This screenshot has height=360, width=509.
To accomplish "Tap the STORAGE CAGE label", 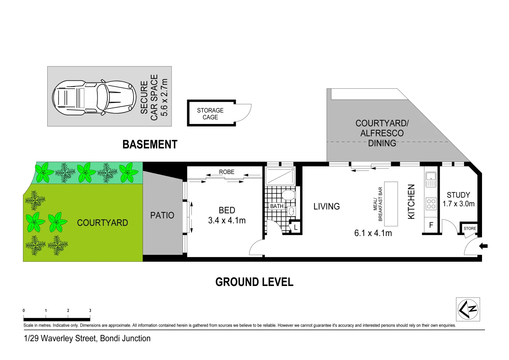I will [x=210, y=114].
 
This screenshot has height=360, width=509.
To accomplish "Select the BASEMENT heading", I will [x=150, y=144].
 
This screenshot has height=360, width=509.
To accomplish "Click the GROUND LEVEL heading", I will [x=254, y=282].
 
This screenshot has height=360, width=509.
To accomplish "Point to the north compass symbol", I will [x=468, y=309].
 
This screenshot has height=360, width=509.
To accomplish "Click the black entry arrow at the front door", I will [x=483, y=246].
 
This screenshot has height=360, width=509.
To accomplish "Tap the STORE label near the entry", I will [x=470, y=228].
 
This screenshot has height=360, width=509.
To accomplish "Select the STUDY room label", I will [x=458, y=195].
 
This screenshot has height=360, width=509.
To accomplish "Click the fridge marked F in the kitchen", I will [x=431, y=225].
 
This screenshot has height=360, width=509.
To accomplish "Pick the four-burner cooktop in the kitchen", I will [x=431, y=204].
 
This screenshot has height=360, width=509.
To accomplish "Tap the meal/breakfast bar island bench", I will [x=391, y=204].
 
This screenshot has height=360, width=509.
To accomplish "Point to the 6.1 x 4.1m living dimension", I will [x=373, y=233].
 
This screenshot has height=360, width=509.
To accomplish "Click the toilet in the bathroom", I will [x=288, y=194].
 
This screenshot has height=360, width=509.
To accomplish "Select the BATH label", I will [x=276, y=206].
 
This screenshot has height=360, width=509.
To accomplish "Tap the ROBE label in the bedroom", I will [x=227, y=172].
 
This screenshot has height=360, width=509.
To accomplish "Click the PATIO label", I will [x=162, y=215].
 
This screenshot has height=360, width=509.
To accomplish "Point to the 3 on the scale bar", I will [x=90, y=310].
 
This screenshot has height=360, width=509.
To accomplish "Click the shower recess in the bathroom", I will [x=280, y=176].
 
